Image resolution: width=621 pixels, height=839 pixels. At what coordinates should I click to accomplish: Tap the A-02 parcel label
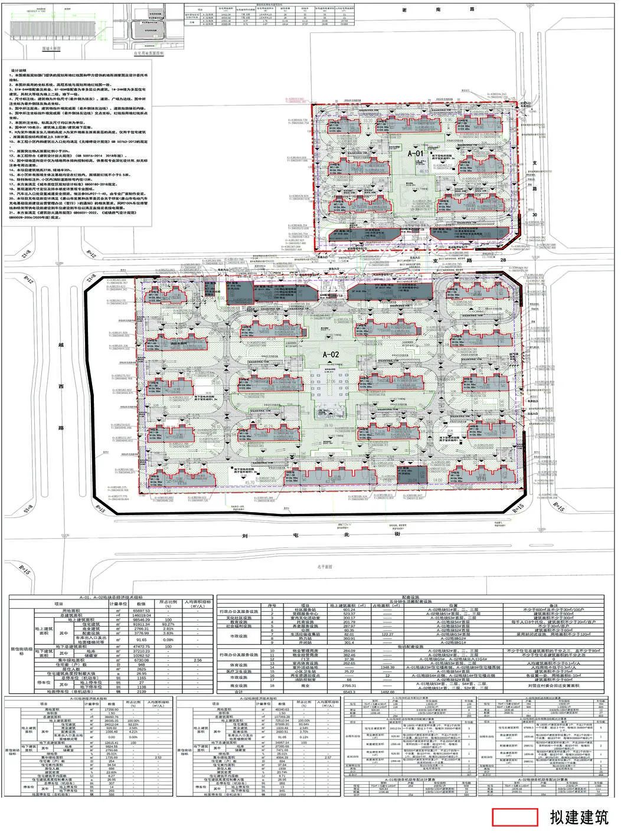332,354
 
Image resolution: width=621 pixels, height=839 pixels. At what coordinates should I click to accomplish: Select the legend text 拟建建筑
578,817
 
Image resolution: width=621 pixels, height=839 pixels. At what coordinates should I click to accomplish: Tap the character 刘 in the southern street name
244,536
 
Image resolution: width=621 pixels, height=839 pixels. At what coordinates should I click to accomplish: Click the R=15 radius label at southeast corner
517,507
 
